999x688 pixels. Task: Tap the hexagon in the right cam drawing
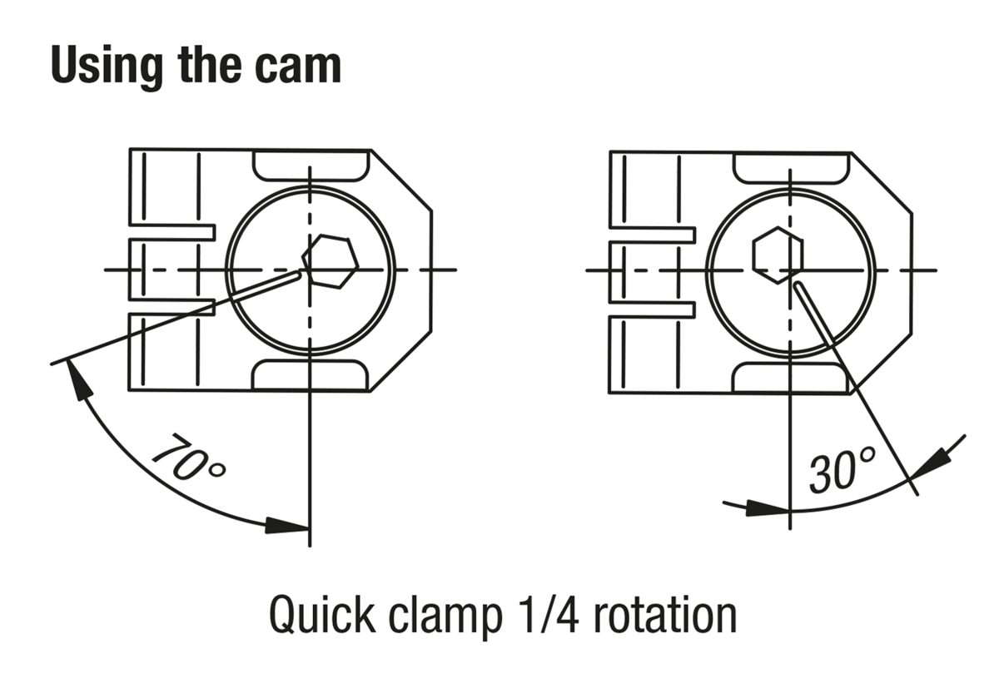pyautogui.click(x=778, y=254)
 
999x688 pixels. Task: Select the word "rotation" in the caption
pyautogui.click(x=654, y=616)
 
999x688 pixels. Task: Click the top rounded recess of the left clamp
pyautogui.click(x=310, y=166)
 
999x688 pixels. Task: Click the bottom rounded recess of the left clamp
pyautogui.click(x=310, y=376)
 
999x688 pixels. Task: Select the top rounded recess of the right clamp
pyautogui.click(x=789, y=167)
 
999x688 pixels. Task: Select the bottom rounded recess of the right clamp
pyautogui.click(x=789, y=379)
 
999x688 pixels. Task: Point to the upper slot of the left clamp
pyautogui.click(x=171, y=231)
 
